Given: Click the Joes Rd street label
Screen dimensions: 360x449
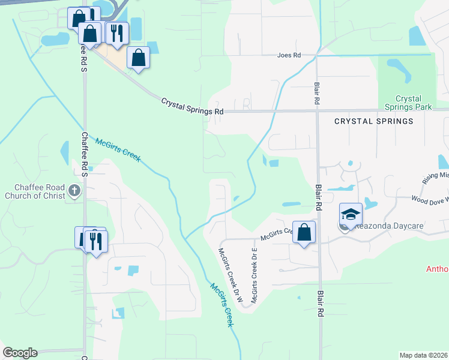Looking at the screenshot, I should pyautogui.click(x=288, y=55).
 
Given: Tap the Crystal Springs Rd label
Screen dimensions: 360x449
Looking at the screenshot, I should pyautogui.click(x=192, y=107).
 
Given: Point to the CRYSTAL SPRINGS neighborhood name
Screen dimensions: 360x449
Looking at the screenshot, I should pyautogui.click(x=373, y=121).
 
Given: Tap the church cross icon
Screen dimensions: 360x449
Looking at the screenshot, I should pyautogui.click(x=74, y=191).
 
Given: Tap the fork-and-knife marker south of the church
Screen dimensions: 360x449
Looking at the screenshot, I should pyautogui.click(x=96, y=241).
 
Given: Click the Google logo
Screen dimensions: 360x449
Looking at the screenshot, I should pyautogui.click(x=20, y=353).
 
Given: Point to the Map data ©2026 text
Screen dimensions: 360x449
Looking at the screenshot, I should pyautogui.click(x=424, y=355).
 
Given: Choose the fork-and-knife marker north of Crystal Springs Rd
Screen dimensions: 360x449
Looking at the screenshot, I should pyautogui.click(x=117, y=33).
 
